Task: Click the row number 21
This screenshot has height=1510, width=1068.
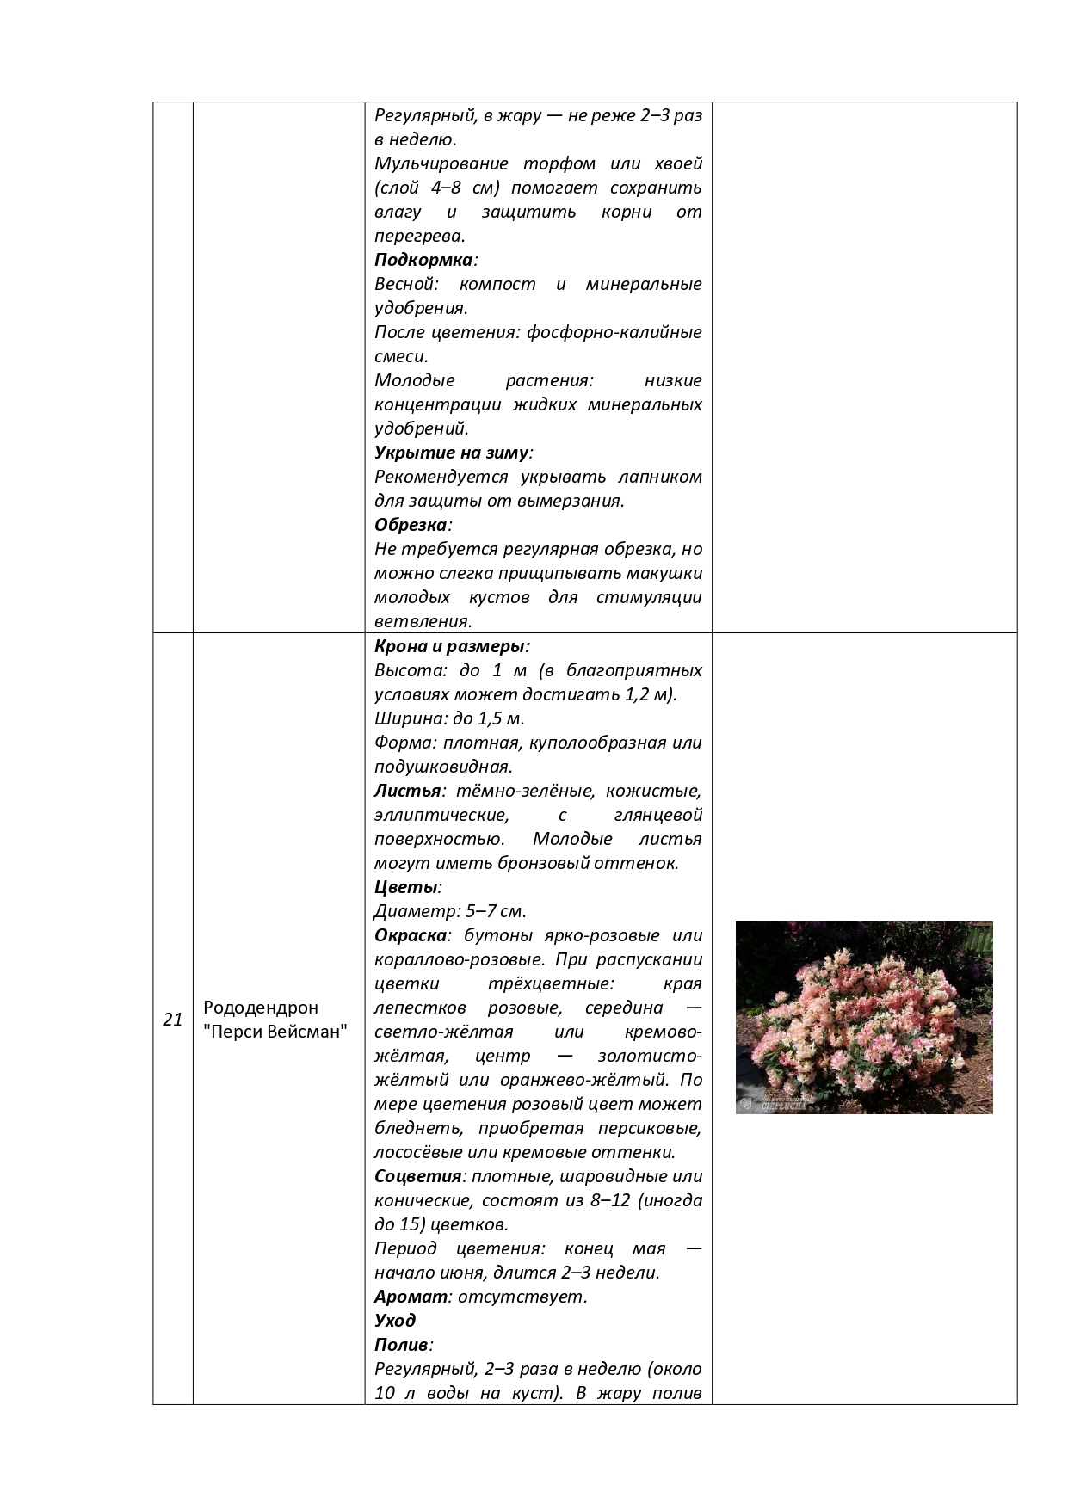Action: coord(172,1020)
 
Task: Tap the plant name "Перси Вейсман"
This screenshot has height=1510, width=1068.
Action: coord(275,1032)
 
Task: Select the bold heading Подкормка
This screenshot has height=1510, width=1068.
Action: coord(423,260)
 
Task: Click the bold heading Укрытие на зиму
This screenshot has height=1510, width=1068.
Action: coord(451,453)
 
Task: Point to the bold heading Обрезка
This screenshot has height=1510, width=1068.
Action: coord(411,525)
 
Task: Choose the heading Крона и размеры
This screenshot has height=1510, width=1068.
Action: coord(452,646)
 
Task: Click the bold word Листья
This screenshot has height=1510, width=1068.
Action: coord(407,791)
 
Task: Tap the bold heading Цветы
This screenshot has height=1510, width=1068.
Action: coord(406,887)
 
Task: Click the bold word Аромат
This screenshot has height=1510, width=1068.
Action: coord(411,1297)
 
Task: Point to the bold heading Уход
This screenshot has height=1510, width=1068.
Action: coord(395,1321)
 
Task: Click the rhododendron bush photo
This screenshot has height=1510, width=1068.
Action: coord(864,1017)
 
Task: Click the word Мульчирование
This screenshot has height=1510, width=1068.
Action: coord(441,163)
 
